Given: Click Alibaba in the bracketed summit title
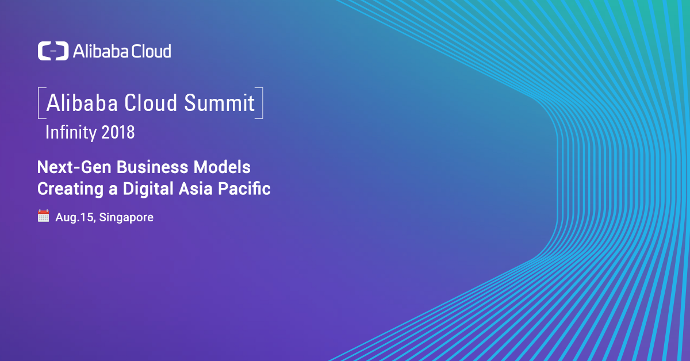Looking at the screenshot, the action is pos(82,102).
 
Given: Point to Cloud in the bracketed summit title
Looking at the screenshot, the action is pos(151,102).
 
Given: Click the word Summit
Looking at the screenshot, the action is pos(219,102).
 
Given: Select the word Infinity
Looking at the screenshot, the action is pos(71,133).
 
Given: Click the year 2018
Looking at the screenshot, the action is pos(118,132).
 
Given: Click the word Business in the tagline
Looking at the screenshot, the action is pos(152,167).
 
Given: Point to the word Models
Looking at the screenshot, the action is pos(222,167).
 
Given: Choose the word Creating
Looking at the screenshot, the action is pos(71,189).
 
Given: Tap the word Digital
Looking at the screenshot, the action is pos(148,189).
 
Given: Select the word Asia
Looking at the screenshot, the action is pos(196,189).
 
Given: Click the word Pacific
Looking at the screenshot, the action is pos(244,189).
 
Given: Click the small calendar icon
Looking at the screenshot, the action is pos(44,216).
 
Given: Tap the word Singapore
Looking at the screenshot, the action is pos(126,218).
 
